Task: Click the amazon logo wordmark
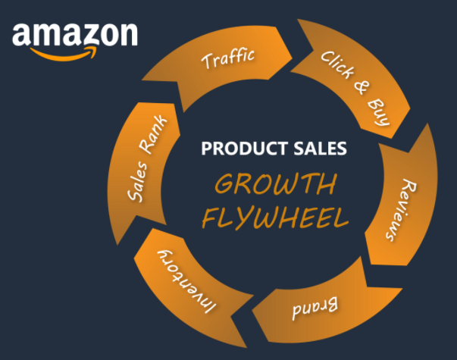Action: (x=74, y=34)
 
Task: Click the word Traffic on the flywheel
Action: (x=227, y=58)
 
